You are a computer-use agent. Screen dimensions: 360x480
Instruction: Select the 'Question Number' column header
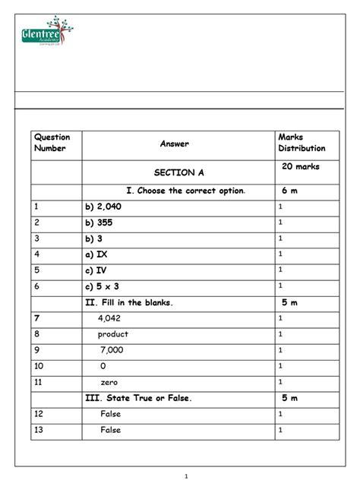click(x=51, y=142)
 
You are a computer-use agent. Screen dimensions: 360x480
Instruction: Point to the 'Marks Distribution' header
click(x=302, y=142)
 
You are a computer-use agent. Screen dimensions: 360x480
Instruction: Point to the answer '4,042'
click(x=112, y=318)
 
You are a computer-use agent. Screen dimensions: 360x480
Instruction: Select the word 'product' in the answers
click(x=112, y=334)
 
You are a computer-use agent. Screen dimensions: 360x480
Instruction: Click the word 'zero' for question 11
click(x=108, y=382)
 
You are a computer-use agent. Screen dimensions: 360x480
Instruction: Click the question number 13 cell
click(x=39, y=430)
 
